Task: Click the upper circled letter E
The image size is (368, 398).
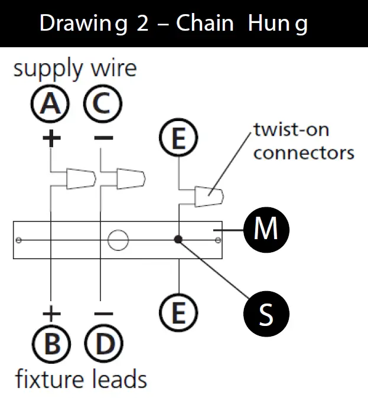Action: (178, 139)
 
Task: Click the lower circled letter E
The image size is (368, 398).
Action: (178, 311)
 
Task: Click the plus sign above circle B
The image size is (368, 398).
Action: (52, 312)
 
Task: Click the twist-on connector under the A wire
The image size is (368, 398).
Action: (80, 178)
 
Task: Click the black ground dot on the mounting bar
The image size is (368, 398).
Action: (178, 240)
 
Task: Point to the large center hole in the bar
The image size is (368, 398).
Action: (117, 240)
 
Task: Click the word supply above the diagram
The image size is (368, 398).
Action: (48, 70)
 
